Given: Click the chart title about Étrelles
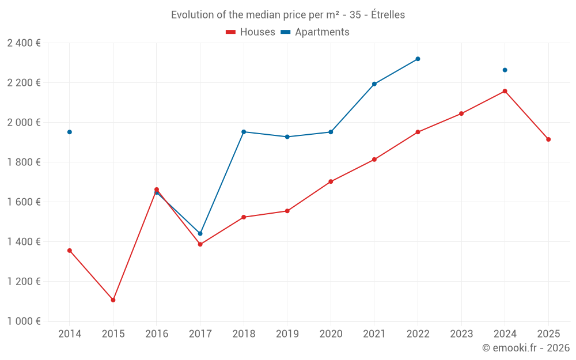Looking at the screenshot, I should tap(288, 15).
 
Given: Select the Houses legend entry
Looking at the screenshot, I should tap(251, 32).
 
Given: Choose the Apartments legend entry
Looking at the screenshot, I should tap(315, 32).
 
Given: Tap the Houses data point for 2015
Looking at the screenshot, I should tap(113, 300).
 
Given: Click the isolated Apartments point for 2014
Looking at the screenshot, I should tap(70, 132).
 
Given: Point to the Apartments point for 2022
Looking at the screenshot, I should tap(418, 59).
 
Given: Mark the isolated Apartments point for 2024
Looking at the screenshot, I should tap(505, 70).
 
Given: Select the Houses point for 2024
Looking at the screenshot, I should tap(505, 91).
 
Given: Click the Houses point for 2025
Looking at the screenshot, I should tap(548, 139).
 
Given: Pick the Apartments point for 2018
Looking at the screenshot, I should tap(244, 132).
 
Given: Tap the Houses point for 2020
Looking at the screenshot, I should tap(331, 181).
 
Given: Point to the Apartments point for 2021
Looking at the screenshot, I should tap(374, 84).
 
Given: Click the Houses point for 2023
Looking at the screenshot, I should tap(461, 113).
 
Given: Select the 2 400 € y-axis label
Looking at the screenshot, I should tap(24, 43).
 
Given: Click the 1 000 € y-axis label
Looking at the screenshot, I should tap(24, 321).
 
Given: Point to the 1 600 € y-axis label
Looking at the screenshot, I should tap(24, 202).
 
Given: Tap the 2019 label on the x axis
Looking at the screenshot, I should tap(287, 334).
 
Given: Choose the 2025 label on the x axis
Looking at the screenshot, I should tap(548, 334).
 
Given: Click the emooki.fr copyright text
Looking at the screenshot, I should tap(526, 348).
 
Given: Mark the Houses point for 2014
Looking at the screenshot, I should tap(70, 251).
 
